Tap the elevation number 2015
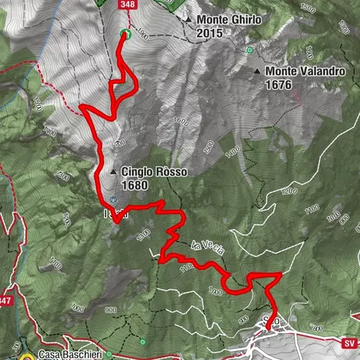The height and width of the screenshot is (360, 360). click(x=210, y=34)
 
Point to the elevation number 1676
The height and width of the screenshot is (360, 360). click(x=278, y=85)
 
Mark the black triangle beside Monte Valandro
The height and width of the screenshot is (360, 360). click(x=257, y=72)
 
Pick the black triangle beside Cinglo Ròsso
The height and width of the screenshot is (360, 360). click(x=113, y=172)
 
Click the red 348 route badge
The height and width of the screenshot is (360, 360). click(x=127, y=4)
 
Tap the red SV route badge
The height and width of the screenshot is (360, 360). click(x=349, y=343)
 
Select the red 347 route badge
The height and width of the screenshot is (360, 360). click(x=6, y=301)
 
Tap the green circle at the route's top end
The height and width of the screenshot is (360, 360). click(x=125, y=34)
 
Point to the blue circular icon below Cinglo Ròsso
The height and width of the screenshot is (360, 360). click(x=112, y=199)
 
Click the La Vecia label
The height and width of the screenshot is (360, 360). click(x=207, y=247)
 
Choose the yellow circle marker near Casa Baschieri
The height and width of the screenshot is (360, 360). click(x=28, y=356)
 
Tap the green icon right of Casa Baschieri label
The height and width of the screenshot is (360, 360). click(x=109, y=353)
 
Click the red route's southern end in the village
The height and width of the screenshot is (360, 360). click(x=268, y=328)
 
